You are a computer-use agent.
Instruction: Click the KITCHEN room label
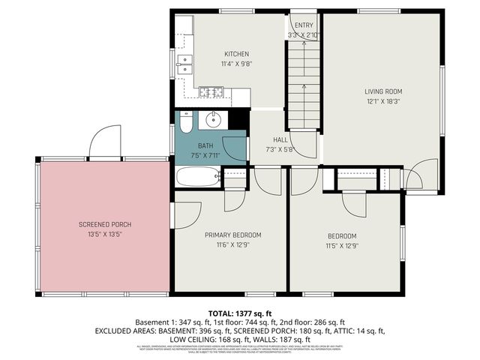pyautogui.click(x=236, y=54)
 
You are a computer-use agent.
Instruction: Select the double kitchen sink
pyautogui.click(x=185, y=66)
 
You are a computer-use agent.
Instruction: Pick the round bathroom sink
pyautogui.click(x=213, y=119)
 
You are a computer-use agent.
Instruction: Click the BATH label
pyautogui.click(x=205, y=145)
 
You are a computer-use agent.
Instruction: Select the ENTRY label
pyautogui.click(x=303, y=25)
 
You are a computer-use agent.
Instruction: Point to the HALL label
pyautogui.click(x=280, y=140)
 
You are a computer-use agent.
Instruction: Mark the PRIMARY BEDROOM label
pyautogui.click(x=232, y=235)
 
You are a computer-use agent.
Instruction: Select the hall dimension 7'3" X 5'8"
pyautogui.click(x=280, y=150)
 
